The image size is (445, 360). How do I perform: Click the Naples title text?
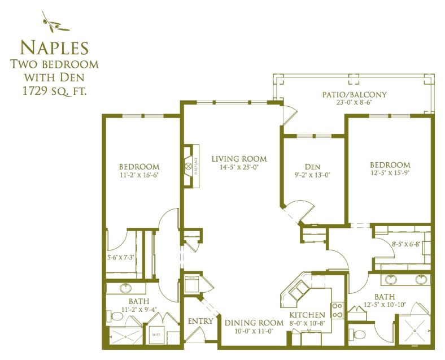pyautogui.click(x=54, y=47)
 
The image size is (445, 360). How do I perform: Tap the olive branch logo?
pyautogui.click(x=55, y=23)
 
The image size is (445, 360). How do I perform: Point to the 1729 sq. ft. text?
pyautogui.click(x=54, y=91)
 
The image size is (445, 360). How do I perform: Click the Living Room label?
pyautogui.click(x=239, y=159)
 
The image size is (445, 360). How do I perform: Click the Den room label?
pyautogui.click(x=312, y=167)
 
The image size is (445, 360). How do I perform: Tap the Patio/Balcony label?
pyautogui.click(x=354, y=94)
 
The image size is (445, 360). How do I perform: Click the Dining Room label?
pyautogui.click(x=254, y=323)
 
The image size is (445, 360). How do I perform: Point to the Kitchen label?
pyautogui.click(x=307, y=315)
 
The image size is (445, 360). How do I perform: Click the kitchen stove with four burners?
pyautogui.click(x=338, y=310)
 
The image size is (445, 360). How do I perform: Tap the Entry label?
pyautogui.click(x=200, y=321)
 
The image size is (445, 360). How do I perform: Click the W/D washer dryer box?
pyautogui.click(x=156, y=335)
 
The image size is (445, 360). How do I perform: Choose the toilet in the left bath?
pyautogui.click(x=115, y=316)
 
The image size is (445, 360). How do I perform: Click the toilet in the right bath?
pyautogui.click(x=357, y=334)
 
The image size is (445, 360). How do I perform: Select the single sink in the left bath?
pyautogui.click(x=125, y=288)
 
